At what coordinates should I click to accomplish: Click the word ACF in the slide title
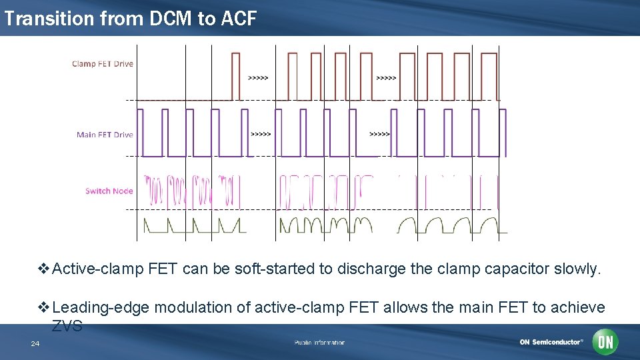236,19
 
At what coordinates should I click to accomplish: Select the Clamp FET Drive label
103,64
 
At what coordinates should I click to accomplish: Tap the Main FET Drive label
105,135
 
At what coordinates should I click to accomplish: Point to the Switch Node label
109,191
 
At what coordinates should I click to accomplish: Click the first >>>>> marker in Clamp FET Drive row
258,78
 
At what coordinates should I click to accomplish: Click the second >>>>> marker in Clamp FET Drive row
386,78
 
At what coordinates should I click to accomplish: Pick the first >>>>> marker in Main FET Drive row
261,134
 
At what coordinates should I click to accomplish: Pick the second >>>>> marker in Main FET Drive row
379,134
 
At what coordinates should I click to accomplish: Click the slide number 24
35,343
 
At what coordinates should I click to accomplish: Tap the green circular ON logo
605,342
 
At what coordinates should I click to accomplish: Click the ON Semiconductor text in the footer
551,342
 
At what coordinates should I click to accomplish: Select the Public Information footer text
319,343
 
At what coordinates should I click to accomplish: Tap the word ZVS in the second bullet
67,326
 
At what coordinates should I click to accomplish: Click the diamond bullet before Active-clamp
45,269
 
